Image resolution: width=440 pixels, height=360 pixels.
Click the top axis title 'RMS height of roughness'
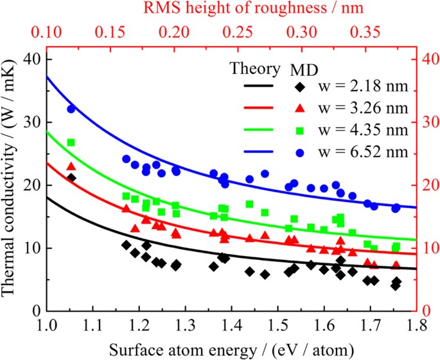231,9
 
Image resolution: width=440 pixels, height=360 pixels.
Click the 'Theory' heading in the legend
255,68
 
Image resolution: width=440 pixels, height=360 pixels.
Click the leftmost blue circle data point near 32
71,108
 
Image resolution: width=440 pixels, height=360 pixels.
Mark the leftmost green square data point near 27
71,142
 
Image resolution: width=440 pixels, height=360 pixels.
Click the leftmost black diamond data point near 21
71,178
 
